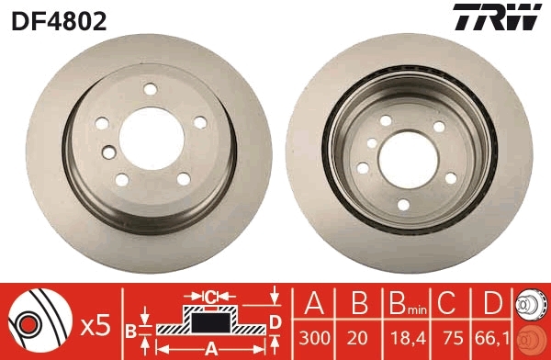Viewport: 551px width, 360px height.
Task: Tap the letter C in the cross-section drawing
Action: click(x=210, y=296)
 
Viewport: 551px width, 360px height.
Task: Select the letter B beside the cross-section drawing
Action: click(x=131, y=329)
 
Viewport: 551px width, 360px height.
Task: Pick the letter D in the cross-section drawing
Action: click(x=275, y=321)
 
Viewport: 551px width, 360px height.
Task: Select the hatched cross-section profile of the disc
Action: click(x=210, y=323)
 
